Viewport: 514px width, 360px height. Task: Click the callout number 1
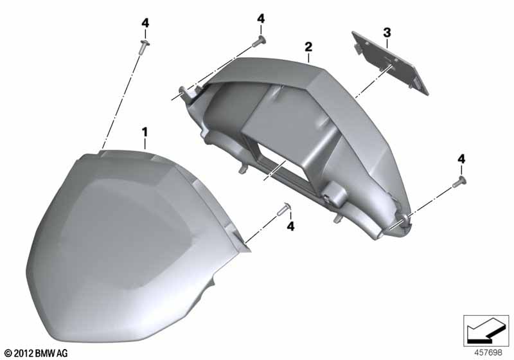coord(145,132)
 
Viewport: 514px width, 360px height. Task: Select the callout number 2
coord(308,47)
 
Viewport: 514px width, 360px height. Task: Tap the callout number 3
coord(387,33)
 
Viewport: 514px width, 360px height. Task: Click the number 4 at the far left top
coord(145,23)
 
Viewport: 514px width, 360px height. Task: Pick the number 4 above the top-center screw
coord(261,19)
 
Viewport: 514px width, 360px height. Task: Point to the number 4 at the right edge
coord(461,159)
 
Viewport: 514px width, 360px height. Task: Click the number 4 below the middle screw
coord(291,226)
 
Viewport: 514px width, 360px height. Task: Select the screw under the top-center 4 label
coord(259,42)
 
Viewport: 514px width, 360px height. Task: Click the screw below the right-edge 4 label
coord(459,182)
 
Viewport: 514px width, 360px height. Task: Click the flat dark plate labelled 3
coord(390,62)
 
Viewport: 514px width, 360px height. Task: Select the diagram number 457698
coord(488,353)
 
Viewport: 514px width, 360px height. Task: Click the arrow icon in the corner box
coord(486,330)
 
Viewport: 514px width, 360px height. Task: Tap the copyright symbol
coord(8,354)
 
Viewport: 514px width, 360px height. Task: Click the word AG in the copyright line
coord(62,354)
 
